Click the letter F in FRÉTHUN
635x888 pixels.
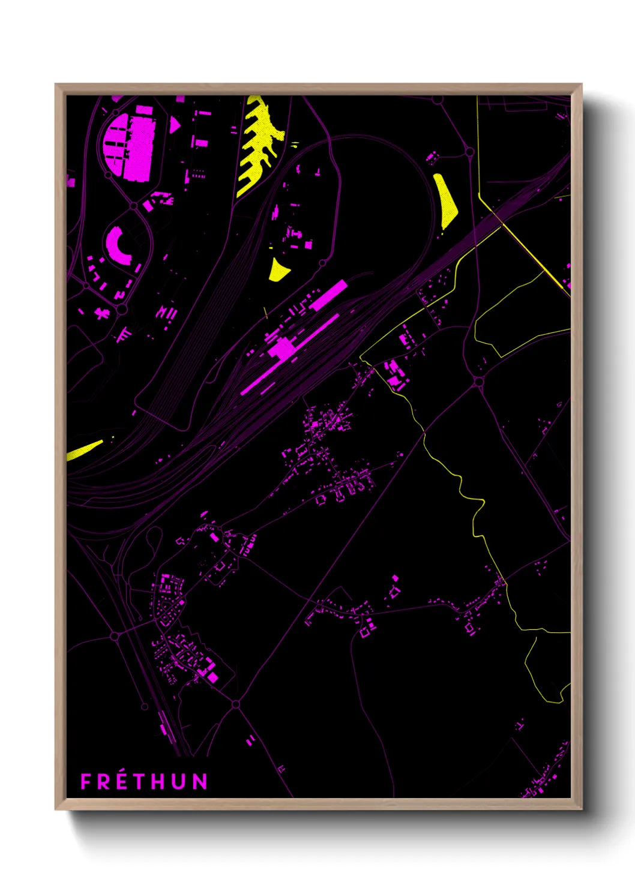pos(85,781)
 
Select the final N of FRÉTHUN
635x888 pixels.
pos(200,781)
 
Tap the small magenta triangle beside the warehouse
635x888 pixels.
pos(174,124)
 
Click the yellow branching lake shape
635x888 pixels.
pos(259,144)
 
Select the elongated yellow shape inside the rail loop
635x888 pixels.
pos(446,200)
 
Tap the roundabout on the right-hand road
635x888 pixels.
pos(478,382)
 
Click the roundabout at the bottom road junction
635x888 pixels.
pos(236,704)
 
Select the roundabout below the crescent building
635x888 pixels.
pos(122,310)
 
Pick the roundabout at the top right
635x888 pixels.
pos(469,152)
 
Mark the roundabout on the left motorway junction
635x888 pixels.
pos(115,635)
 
